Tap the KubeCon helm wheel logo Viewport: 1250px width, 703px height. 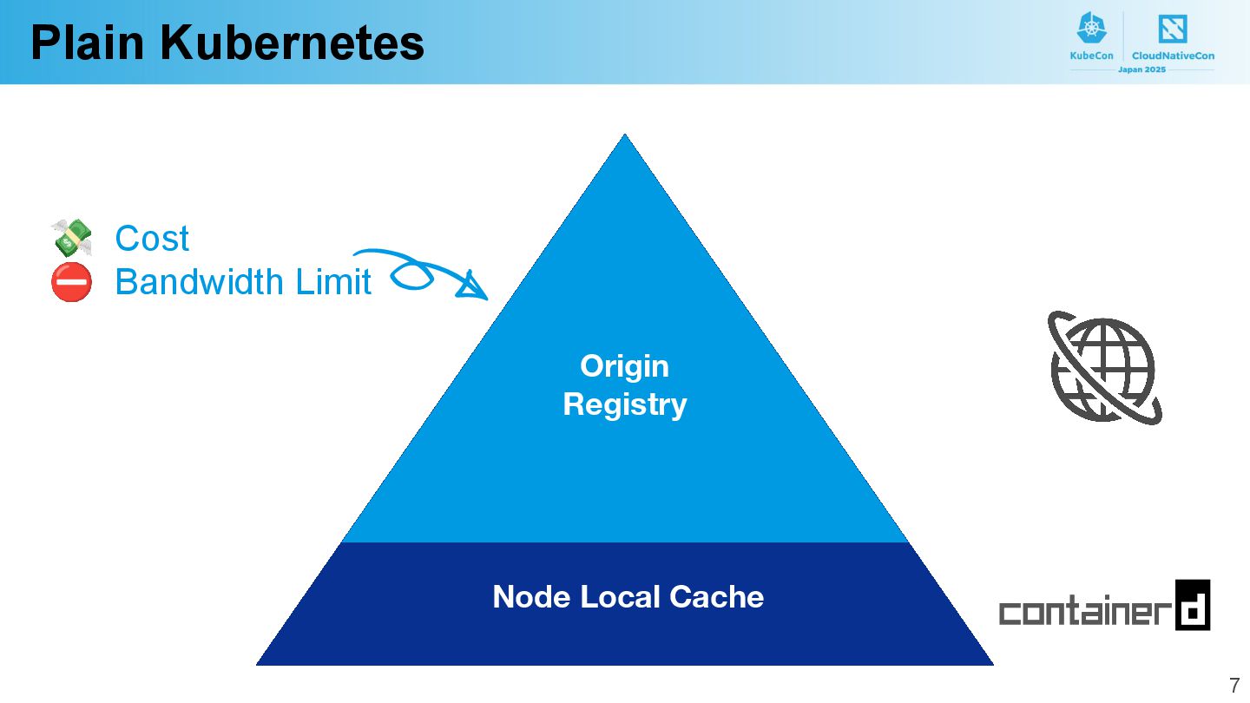[1091, 29]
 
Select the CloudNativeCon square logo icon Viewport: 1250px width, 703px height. [1173, 29]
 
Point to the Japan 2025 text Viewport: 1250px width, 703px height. [1141, 69]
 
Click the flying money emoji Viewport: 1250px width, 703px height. [72, 237]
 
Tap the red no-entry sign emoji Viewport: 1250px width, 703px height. [71, 282]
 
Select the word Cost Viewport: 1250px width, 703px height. [152, 239]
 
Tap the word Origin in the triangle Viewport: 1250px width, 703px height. [624, 365]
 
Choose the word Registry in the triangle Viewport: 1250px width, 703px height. [624, 404]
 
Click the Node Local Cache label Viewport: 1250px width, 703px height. [628, 597]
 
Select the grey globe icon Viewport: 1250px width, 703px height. [1103, 368]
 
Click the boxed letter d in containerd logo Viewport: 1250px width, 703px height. [1193, 605]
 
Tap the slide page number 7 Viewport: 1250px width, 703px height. [1234, 685]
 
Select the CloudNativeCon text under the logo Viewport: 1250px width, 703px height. [1173, 56]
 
